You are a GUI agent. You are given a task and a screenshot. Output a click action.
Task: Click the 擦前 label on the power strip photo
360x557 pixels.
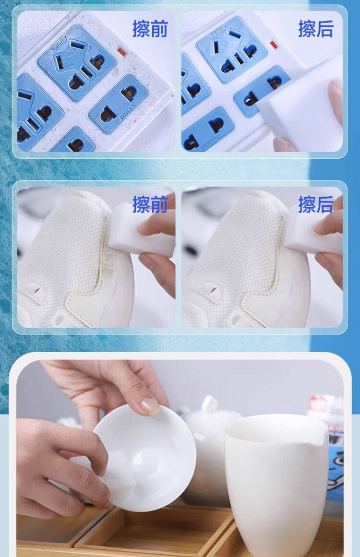150,29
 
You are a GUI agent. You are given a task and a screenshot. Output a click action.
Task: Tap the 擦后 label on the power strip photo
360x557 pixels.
316,29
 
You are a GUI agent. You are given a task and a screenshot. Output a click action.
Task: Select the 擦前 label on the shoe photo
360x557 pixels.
150,204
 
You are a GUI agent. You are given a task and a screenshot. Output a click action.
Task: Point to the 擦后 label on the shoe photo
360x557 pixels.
316,204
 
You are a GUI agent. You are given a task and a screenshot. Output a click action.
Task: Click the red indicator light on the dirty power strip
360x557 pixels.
121,52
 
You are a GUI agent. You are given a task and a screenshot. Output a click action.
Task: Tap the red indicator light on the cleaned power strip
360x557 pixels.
273,45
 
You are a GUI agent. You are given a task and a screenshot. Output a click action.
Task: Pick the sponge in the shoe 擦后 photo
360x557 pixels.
313,229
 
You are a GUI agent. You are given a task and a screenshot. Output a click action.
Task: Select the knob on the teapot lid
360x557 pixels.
210,403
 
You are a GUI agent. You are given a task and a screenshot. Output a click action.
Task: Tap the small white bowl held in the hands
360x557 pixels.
144,458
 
